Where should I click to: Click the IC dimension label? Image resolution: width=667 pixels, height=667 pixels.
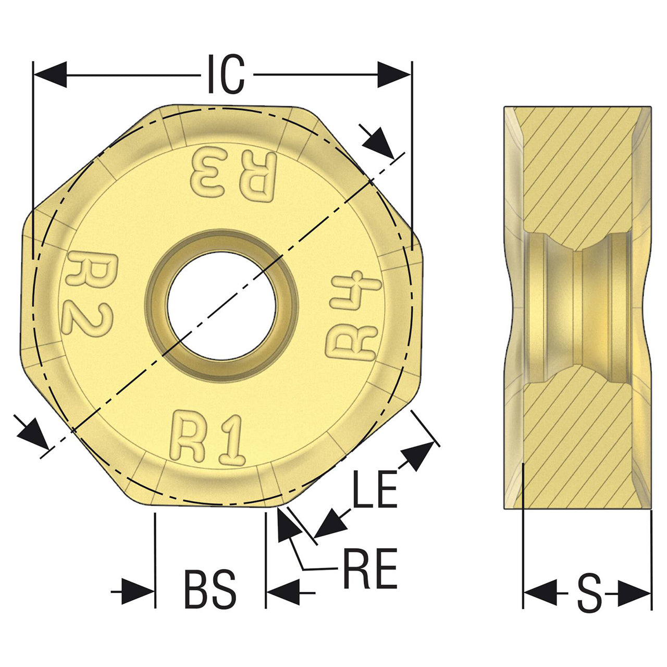pos(226,74)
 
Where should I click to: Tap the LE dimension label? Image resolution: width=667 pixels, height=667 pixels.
pos(375,489)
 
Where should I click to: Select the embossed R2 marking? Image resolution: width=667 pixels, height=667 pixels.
pos(89,294)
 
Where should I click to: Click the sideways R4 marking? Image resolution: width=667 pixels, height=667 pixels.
pos(353,315)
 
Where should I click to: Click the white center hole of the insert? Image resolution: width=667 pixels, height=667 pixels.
pos(221,306)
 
